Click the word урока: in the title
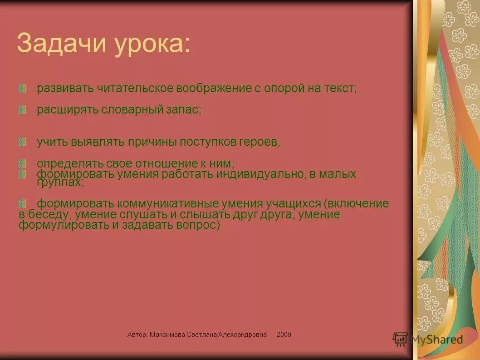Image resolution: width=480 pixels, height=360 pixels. tap(152, 44)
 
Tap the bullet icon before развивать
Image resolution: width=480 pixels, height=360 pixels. tap(23, 89)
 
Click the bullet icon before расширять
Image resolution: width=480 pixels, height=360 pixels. tap(23, 110)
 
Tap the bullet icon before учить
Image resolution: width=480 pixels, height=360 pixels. tap(23, 142)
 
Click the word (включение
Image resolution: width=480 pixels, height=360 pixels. tap(356, 203)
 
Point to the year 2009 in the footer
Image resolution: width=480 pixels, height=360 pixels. tap(284, 335)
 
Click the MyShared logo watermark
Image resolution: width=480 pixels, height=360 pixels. tap(429, 339)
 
